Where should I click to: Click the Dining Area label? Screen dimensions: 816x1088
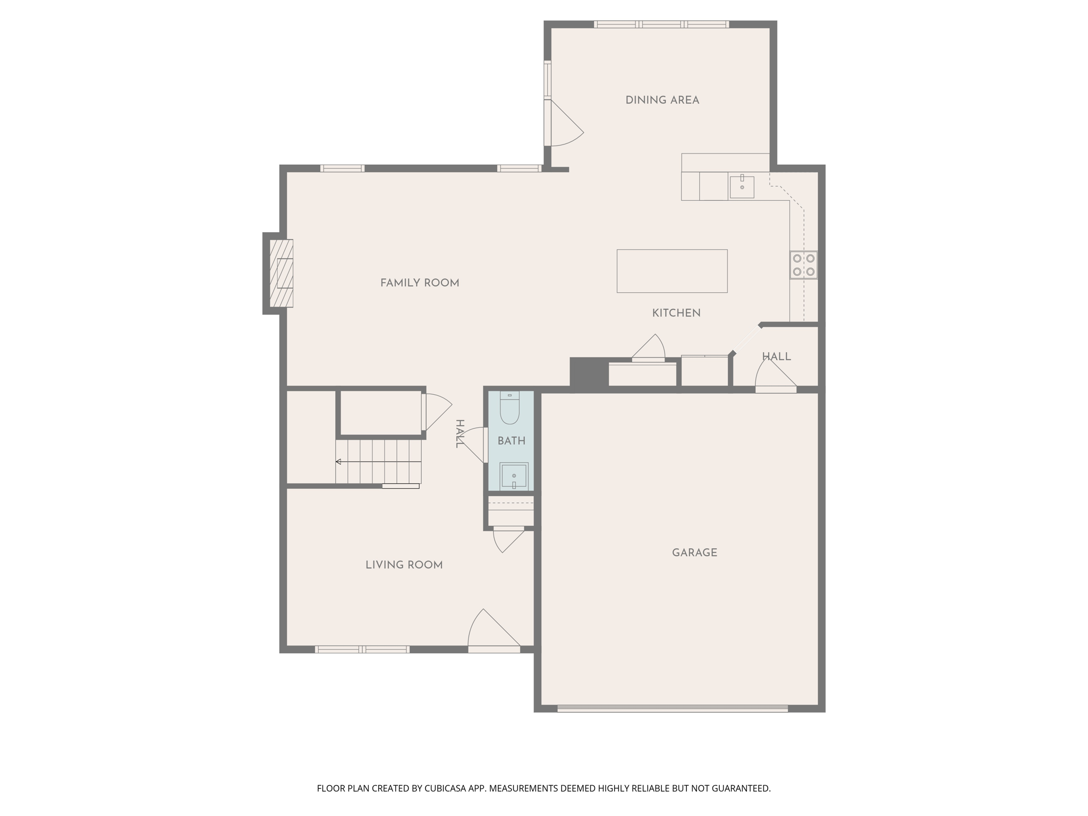click(x=662, y=100)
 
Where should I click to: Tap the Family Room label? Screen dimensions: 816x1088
click(x=419, y=283)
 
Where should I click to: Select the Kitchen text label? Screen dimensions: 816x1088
click(x=676, y=313)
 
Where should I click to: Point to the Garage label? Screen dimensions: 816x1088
click(x=694, y=552)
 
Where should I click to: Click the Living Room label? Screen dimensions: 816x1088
click(x=404, y=565)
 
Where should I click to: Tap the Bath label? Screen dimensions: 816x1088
click(x=511, y=440)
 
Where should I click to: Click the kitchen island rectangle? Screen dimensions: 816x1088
click(x=671, y=271)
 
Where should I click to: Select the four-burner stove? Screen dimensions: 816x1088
click(x=803, y=265)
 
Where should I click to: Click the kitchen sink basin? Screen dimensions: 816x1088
click(x=742, y=187)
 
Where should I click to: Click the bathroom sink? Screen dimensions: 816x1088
click(x=514, y=475)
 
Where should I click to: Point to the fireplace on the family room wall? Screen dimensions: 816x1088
click(x=281, y=273)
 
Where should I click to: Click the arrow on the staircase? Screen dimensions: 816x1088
click(x=338, y=462)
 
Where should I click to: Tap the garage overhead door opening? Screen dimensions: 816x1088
click(x=672, y=708)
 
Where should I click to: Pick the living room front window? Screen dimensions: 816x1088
click(x=362, y=649)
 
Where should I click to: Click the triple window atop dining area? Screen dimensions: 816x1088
click(x=661, y=24)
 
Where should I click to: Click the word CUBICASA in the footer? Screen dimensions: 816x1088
click(x=445, y=788)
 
